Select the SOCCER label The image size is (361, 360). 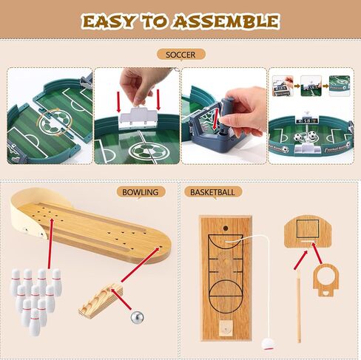tap(180, 54)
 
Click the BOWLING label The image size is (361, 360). tap(141, 192)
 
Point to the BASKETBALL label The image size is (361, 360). tap(212, 192)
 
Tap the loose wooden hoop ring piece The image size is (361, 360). tap(325, 282)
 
